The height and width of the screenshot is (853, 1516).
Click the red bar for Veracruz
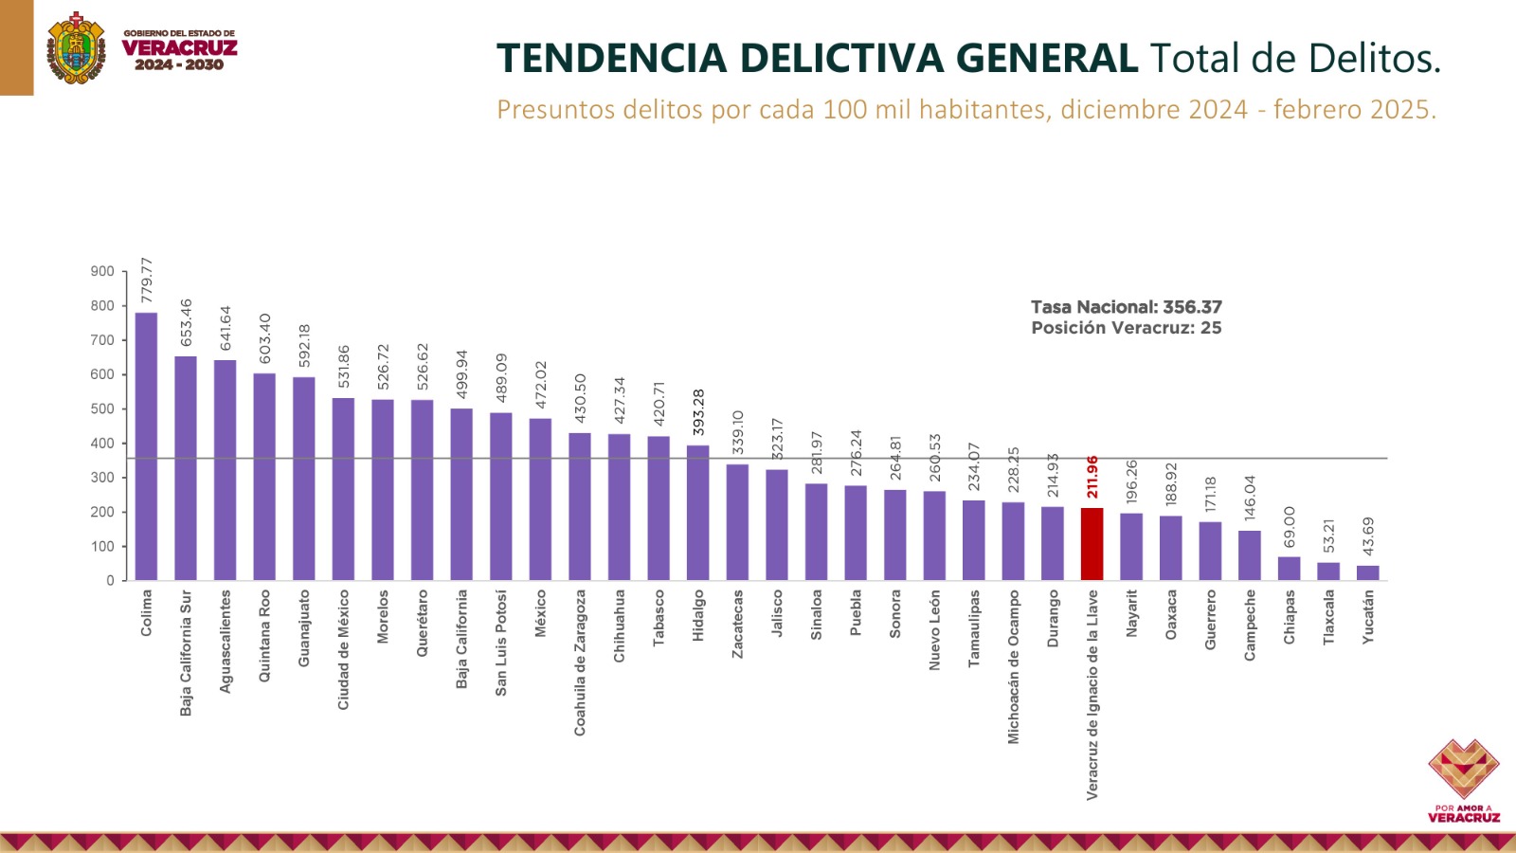coord(1092,544)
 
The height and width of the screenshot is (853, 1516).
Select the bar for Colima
coord(146,445)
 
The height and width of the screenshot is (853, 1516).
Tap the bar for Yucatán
coord(1367,572)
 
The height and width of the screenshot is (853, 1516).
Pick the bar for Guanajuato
coord(304,479)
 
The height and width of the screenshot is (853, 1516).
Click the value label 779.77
coord(147,281)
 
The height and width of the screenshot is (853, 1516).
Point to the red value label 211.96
coord(1092,477)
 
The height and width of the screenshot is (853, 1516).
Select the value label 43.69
coord(1368,536)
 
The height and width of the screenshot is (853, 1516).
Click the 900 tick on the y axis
coord(102,272)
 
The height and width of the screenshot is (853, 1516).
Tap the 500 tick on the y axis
coord(102,409)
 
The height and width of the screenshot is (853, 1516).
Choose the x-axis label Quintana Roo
coord(264,636)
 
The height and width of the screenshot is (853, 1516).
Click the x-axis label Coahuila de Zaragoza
coord(580,662)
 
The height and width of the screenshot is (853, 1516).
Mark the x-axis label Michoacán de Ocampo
coord(1014,667)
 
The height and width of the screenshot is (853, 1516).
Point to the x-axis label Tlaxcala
coord(1328,618)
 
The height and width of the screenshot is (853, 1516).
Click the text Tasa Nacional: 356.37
coord(1126,307)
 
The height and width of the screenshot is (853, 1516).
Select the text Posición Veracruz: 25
coord(1126,328)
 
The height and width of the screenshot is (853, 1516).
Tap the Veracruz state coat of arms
coord(76,48)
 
